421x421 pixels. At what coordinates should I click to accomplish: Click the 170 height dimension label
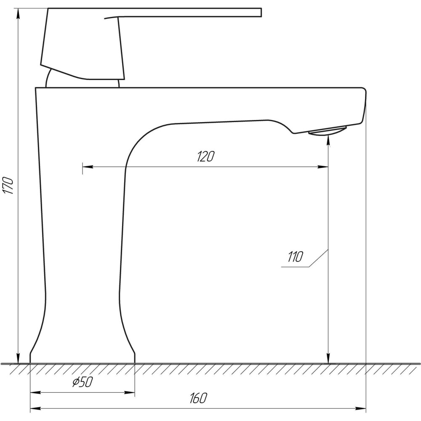point(8,185)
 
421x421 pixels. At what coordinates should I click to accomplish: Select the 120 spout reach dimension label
point(206,156)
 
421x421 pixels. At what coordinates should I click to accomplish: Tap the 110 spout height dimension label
point(295,257)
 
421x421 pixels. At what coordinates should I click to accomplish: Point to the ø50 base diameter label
point(83,382)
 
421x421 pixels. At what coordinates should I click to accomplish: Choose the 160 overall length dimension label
point(198,398)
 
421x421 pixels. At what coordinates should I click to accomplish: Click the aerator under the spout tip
point(328,131)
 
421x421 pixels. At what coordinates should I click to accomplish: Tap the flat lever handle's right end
point(261,13)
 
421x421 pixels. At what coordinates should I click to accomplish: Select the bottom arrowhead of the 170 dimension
point(18,358)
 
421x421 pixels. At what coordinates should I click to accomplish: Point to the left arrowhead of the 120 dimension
point(88,167)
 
